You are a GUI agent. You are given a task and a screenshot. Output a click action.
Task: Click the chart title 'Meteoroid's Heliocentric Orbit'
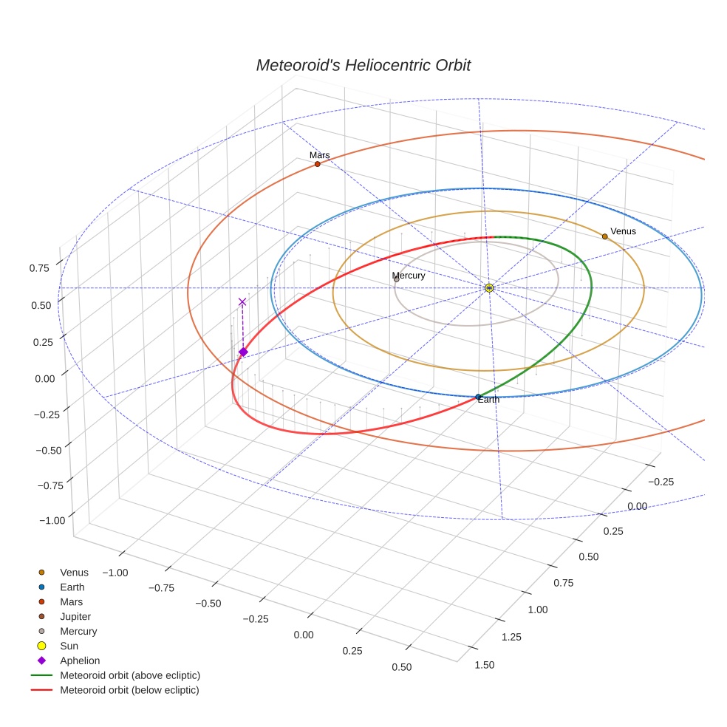click(363, 65)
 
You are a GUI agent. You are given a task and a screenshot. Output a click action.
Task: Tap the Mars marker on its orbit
click(318, 163)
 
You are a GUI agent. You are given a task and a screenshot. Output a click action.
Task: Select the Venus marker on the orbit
click(604, 236)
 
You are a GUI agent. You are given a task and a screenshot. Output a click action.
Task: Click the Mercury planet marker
click(397, 279)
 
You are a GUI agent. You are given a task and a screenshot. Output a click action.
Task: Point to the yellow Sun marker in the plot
click(489, 287)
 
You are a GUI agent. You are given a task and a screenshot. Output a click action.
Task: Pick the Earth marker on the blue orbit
click(479, 397)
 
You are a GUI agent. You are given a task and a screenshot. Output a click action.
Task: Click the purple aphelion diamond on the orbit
click(243, 352)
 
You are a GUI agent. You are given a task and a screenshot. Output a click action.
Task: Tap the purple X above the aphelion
click(242, 301)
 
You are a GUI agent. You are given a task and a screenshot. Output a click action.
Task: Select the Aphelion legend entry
click(80, 661)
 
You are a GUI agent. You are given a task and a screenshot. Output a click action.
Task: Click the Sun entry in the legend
click(69, 646)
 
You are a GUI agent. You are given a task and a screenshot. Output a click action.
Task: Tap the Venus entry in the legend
click(74, 572)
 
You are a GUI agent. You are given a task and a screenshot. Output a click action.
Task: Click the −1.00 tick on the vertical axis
click(52, 520)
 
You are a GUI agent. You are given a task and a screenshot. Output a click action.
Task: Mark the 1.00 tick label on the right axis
click(538, 610)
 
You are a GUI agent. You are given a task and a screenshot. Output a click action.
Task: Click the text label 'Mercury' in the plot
click(409, 276)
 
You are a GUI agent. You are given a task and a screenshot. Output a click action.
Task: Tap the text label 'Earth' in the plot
click(488, 400)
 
